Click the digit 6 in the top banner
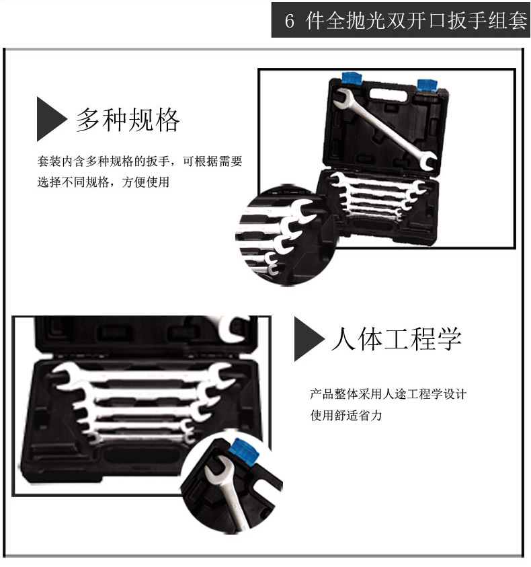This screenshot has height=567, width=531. (289, 21)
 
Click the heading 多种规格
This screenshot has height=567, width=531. (128, 119)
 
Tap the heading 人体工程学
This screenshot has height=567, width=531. (396, 338)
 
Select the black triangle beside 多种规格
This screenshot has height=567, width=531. (52, 119)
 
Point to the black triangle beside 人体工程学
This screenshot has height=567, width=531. (309, 339)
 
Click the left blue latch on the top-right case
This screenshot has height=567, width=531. (352, 78)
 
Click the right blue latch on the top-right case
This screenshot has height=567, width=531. (427, 85)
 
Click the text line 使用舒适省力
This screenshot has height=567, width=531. (346, 415)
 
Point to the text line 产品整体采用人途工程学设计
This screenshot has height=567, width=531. (389, 393)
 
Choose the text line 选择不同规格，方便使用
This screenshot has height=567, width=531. (103, 182)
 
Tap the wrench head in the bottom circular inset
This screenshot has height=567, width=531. (218, 469)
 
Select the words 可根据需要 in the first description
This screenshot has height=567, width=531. (212, 161)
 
